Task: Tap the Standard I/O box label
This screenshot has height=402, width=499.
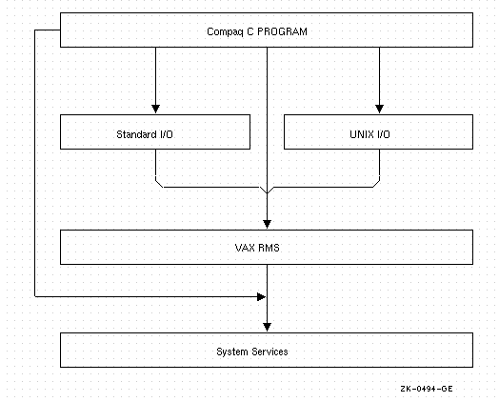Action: (145, 134)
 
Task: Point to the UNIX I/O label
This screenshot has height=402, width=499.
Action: (369, 134)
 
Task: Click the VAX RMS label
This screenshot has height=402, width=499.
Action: (257, 248)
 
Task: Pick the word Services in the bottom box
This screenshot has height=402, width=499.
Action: (269, 352)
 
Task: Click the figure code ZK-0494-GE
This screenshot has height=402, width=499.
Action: (427, 389)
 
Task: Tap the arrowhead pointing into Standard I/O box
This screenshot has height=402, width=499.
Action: (155, 109)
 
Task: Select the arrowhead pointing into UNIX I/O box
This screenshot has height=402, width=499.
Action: (379, 109)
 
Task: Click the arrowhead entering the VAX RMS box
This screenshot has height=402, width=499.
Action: (267, 224)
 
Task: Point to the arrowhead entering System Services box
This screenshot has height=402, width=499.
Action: (267, 327)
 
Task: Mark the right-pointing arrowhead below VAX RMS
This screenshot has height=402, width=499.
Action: (261, 297)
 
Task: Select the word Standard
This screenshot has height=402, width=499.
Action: (136, 134)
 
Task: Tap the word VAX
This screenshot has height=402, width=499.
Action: (243, 248)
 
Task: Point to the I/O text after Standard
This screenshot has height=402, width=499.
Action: (166, 134)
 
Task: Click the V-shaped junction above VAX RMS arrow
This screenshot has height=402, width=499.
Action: (267, 191)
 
